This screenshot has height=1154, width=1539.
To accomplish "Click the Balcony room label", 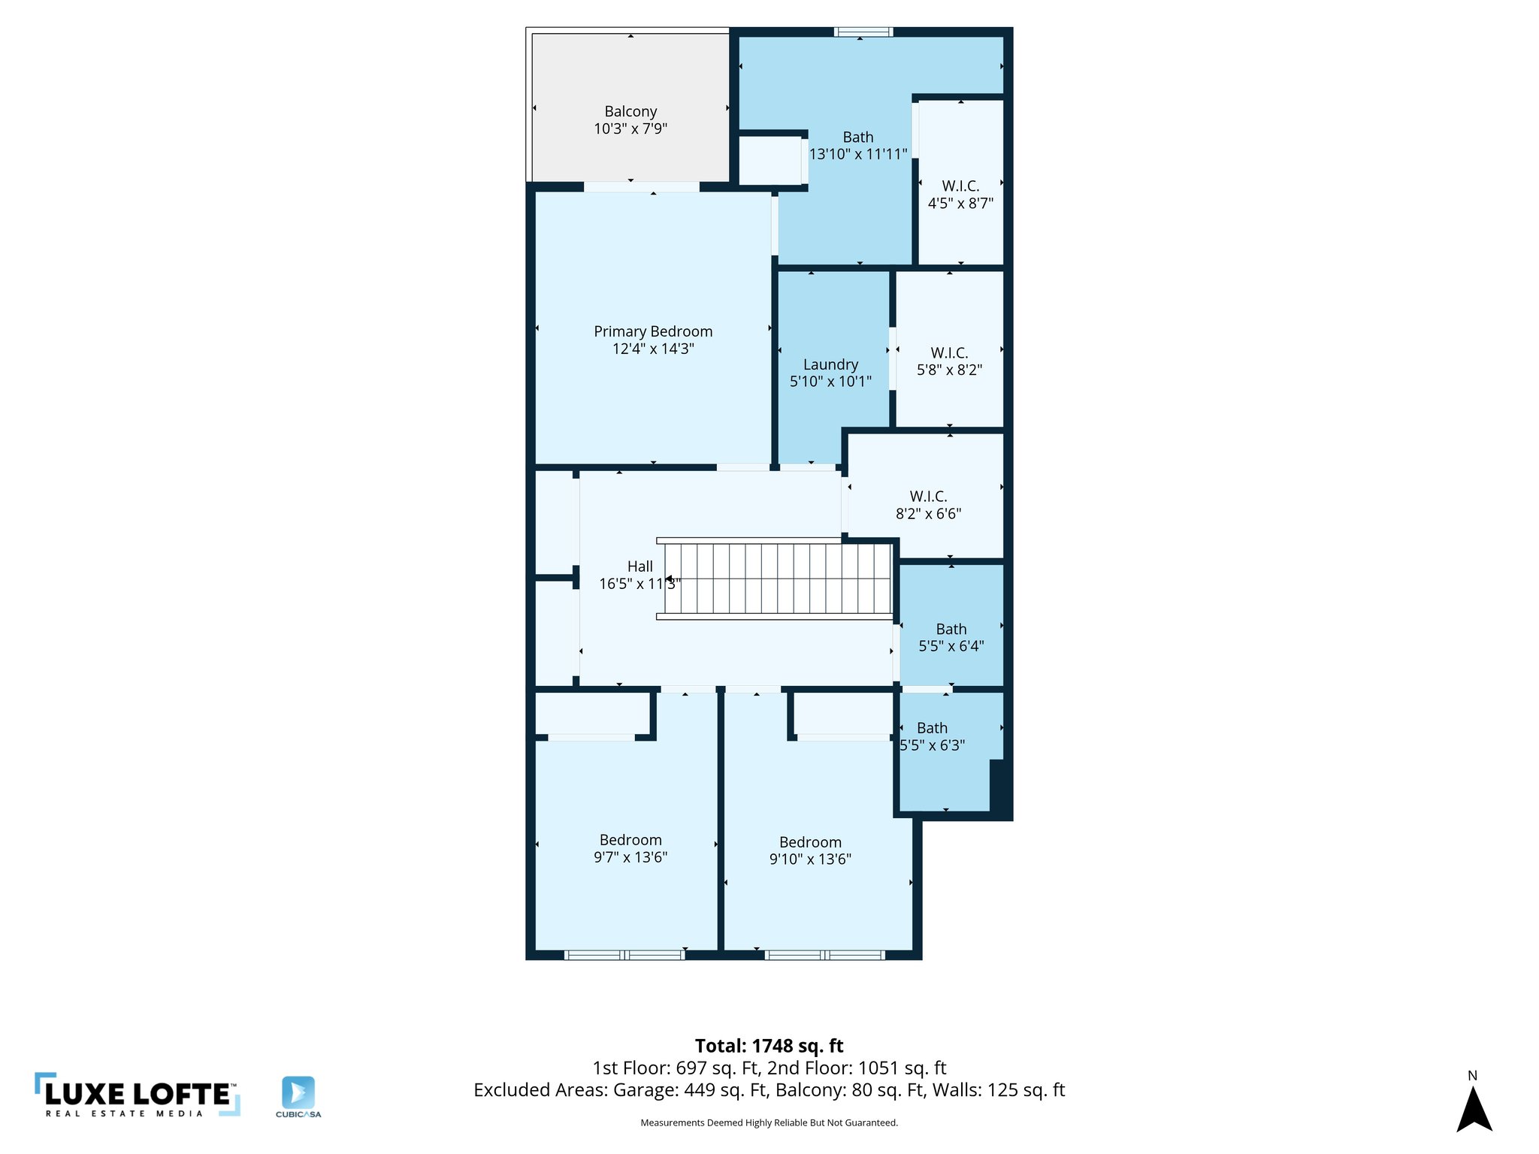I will [x=630, y=112].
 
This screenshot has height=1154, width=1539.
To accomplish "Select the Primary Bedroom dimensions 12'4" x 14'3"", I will [x=652, y=349].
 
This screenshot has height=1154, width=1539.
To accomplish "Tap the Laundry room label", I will [x=830, y=364].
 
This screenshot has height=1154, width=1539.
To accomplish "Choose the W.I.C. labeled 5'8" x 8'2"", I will [x=949, y=361].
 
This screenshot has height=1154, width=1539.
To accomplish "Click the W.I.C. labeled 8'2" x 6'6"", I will [x=928, y=504].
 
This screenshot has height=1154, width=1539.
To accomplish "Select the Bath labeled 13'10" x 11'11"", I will [x=857, y=145].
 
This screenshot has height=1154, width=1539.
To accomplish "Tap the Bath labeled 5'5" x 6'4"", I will [x=951, y=637].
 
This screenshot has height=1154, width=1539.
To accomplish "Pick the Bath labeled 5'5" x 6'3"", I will [x=932, y=736].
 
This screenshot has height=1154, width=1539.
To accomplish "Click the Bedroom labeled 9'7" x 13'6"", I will [x=630, y=848].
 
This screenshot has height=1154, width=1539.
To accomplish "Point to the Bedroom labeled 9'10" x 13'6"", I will [x=809, y=850].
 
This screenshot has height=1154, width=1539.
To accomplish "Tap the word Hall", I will [x=639, y=566].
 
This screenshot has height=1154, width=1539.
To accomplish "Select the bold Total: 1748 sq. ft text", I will [x=769, y=1046].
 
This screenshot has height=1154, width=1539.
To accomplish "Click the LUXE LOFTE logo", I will [x=138, y=1095].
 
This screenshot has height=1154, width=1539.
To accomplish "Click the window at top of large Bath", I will [x=863, y=32].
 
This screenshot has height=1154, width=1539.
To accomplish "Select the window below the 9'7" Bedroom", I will [x=624, y=955].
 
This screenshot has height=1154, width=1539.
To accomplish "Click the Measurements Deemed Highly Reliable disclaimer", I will [x=769, y=1122].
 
